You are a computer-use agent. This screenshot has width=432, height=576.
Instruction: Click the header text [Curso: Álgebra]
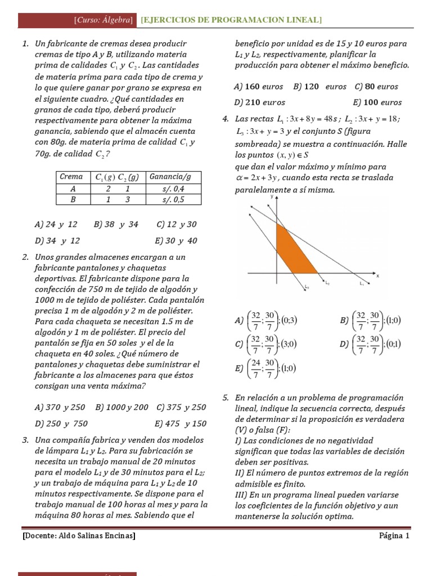pyautogui.click(x=103, y=20)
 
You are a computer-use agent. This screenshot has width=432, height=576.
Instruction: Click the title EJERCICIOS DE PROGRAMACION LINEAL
pyautogui.click(x=231, y=20)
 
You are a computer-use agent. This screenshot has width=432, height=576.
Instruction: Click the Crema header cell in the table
pyautogui.click(x=73, y=177)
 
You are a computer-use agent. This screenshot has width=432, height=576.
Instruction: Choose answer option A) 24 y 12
pyautogui.click(x=56, y=224)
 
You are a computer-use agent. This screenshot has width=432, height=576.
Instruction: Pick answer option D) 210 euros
pyautogui.click(x=259, y=102)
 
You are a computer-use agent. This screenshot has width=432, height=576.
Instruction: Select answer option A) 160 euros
pyautogui.click(x=259, y=87)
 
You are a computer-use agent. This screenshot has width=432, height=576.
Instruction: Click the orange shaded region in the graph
pyautogui.click(x=292, y=253)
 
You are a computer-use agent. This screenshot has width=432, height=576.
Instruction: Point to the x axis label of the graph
pyautogui.click(x=377, y=276)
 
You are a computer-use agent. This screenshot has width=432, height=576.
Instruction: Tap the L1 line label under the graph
pyautogui.click(x=362, y=284)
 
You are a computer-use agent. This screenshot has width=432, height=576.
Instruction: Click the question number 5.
pyautogui.click(x=226, y=398)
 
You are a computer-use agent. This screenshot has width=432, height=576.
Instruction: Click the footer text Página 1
pyautogui.click(x=394, y=536)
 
